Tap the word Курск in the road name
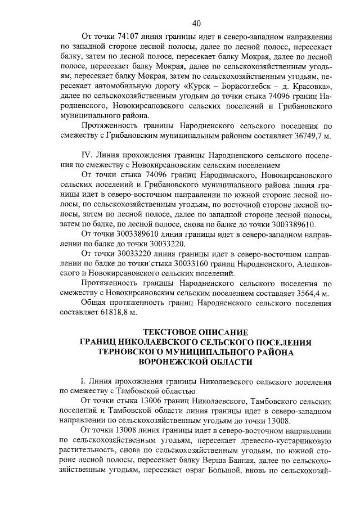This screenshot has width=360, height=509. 199,85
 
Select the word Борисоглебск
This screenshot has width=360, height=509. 243,85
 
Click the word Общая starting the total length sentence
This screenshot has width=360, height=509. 96,304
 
